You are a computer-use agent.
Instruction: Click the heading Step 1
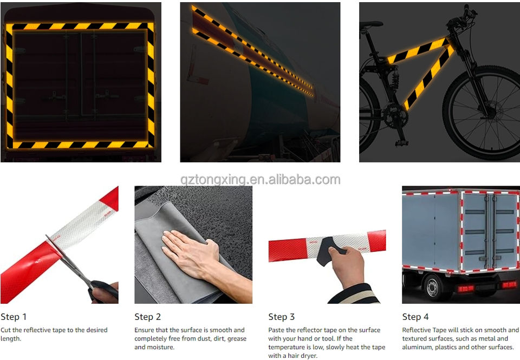14,317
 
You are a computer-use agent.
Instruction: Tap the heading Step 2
147,317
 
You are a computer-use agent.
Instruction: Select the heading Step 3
282,317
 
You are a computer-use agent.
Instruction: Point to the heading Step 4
415,317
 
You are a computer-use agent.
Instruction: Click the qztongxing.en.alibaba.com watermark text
261,180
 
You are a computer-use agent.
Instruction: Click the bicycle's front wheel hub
491,113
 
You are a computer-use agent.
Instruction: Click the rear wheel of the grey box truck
433,287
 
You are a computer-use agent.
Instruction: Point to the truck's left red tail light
466,289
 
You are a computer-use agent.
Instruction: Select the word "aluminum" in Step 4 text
417,347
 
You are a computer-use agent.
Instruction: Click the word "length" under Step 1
11,339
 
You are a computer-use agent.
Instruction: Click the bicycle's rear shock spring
395,80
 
